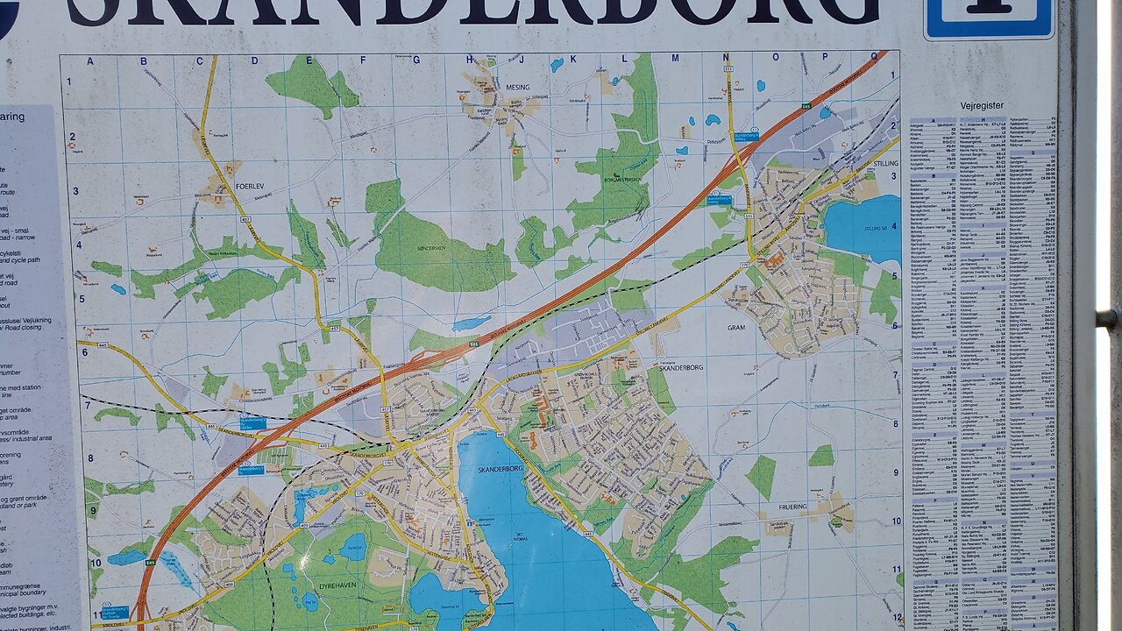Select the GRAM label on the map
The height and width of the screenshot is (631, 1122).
(735, 327)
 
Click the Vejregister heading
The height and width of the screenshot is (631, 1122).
(982, 105)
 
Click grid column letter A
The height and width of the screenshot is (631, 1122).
(89, 60)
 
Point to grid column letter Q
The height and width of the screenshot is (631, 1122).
(873, 56)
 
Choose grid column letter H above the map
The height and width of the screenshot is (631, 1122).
(470, 60)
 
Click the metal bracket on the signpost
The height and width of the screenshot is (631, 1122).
(1107, 318)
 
